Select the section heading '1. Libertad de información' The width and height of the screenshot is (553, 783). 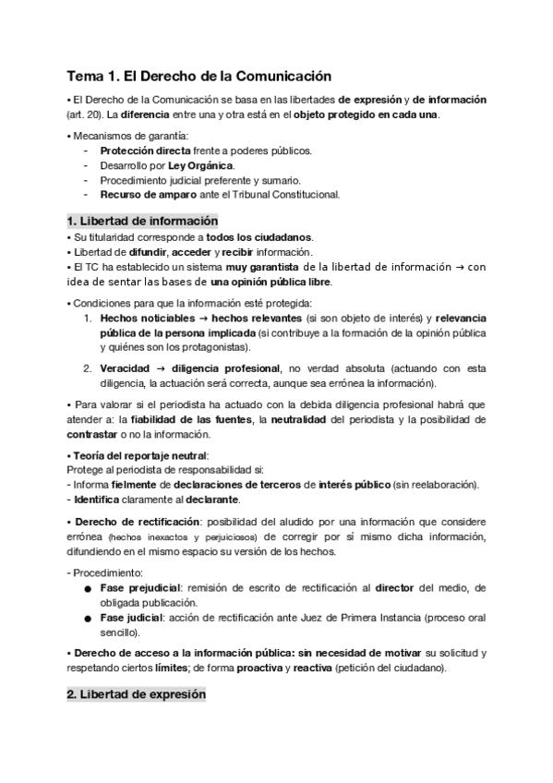[x=142, y=221]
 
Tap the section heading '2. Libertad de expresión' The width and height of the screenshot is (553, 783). [x=137, y=694]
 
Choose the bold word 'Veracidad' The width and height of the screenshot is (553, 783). [x=126, y=368]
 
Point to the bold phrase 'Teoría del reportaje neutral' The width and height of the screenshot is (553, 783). [x=141, y=455]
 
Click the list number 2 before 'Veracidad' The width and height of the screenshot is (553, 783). [x=87, y=368]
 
